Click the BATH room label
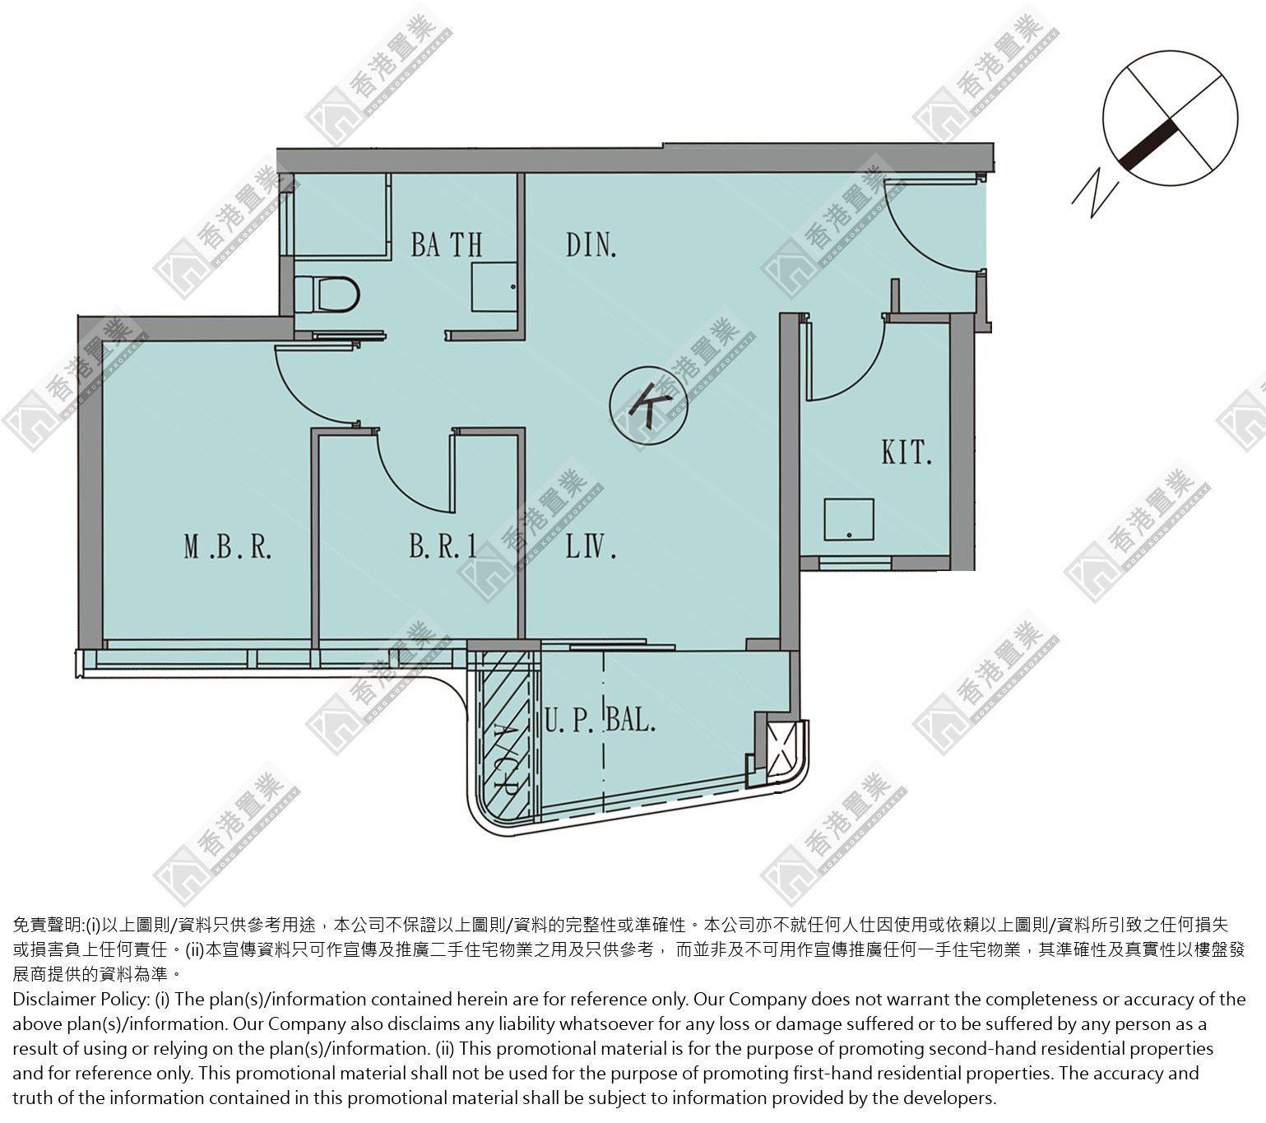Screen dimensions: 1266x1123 (447, 245)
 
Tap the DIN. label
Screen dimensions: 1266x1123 (591, 245)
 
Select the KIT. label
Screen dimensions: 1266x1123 (907, 452)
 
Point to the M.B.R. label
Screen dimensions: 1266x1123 (228, 547)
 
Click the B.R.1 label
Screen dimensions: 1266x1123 (443, 546)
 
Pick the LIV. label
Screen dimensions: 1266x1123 (591, 546)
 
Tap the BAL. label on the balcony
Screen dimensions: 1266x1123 (630, 720)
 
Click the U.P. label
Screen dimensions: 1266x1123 (568, 720)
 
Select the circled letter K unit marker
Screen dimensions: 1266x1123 (648, 405)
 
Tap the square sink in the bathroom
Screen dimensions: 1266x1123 (494, 287)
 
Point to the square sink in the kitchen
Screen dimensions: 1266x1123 (849, 519)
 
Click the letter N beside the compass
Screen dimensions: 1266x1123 (1095, 193)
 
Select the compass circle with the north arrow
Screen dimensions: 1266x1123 (1170, 118)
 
